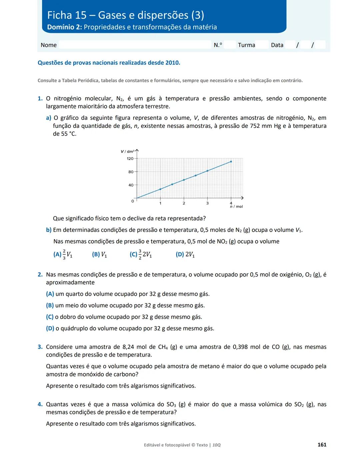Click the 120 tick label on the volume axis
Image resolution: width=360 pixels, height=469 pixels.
(130, 159)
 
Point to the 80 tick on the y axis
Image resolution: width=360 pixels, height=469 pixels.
(131, 172)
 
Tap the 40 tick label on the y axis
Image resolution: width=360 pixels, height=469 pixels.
(131, 185)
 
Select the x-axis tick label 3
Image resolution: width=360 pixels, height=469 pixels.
(207, 203)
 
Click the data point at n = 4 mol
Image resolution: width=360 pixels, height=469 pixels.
(231, 162)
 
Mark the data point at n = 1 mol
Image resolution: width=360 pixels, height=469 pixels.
(160, 189)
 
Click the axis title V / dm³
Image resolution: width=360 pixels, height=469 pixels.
(127, 152)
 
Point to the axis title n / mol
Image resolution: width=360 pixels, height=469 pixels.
(236, 207)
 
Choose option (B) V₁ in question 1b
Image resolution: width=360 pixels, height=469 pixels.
(99, 254)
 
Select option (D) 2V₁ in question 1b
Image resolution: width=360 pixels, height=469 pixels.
(185, 254)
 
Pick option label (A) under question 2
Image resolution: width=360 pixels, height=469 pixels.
(50, 294)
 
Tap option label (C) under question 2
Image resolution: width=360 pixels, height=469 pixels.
(50, 317)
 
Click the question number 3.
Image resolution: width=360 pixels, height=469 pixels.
(40, 347)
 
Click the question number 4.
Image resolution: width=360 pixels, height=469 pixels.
(40, 404)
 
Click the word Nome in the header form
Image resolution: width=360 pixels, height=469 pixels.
(49, 45)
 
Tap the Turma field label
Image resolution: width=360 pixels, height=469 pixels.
(246, 45)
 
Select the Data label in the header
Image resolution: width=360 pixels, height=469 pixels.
(277, 45)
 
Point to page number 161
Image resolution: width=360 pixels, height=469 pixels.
(322, 445)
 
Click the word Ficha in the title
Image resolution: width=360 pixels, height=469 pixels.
(60, 15)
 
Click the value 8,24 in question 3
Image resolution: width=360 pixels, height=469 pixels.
(130, 347)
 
